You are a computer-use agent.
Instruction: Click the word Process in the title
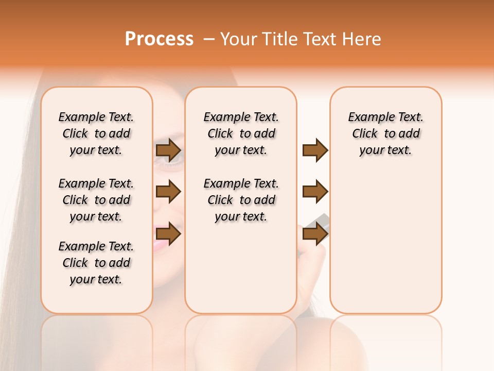(x=159, y=39)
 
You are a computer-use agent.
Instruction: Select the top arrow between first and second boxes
(x=168, y=150)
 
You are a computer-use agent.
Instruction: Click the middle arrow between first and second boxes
(x=168, y=192)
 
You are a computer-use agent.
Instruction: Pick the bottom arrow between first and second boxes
(x=168, y=233)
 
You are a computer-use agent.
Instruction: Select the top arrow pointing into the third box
(x=315, y=150)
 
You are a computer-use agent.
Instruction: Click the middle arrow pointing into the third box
(x=315, y=192)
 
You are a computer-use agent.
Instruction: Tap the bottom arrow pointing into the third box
(x=315, y=234)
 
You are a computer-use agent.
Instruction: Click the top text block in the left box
(x=96, y=133)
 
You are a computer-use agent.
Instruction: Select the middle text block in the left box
(x=96, y=200)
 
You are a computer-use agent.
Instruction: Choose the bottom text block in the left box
(x=96, y=263)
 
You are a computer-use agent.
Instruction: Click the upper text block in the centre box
(x=241, y=133)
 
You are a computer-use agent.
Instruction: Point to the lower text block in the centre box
(x=241, y=200)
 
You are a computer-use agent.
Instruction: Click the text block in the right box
(x=386, y=133)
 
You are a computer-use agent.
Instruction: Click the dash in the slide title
(x=208, y=39)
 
